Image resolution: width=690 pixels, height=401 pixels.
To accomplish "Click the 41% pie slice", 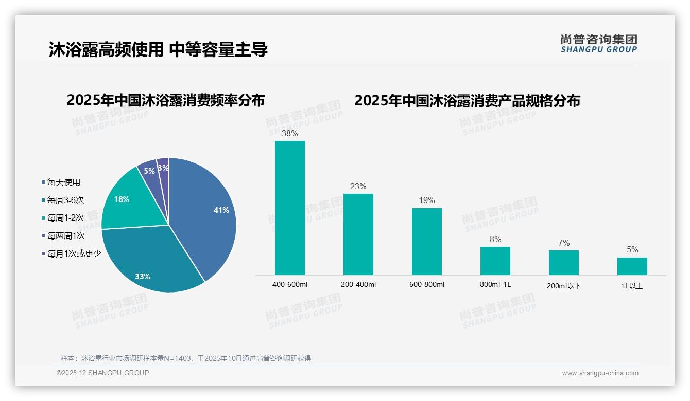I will (206, 216).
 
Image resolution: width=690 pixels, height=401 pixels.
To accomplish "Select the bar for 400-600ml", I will (290, 208).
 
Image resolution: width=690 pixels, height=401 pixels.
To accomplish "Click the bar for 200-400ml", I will (358, 234).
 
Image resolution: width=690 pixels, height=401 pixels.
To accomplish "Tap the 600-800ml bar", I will (427, 242).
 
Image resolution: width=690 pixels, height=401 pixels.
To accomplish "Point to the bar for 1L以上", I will (632, 266).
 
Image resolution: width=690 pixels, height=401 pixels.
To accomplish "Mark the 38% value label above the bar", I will (290, 133).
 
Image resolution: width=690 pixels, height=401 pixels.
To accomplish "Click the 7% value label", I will (564, 243).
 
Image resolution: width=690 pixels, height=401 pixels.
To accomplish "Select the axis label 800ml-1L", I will (495, 284).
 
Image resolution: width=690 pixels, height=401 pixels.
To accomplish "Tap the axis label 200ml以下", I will (564, 286).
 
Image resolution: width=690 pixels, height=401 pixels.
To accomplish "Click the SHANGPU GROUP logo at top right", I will (599, 44).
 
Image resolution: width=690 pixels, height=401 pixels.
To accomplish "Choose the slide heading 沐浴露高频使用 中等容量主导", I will (158, 50).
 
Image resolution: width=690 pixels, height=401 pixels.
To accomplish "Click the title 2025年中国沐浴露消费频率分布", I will (165, 100).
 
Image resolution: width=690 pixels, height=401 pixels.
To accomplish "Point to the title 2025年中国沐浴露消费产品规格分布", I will (467, 100).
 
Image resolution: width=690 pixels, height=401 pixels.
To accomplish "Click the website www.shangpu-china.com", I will (600, 373).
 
